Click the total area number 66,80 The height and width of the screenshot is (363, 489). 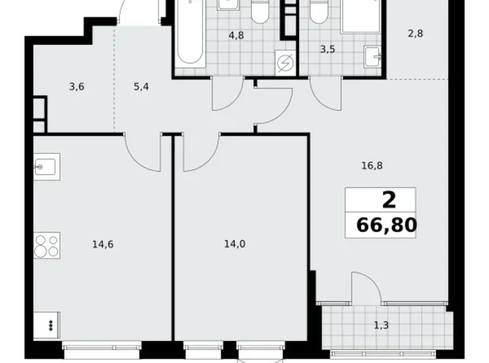[x=386, y=224]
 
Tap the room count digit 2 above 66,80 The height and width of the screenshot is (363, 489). [x=389, y=200]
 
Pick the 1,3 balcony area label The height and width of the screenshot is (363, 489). [x=380, y=324]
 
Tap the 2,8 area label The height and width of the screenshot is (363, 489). [x=415, y=34]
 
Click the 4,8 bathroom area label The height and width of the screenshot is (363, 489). [x=236, y=35]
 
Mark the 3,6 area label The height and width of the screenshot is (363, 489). [x=77, y=88]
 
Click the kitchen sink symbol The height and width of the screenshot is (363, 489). [x=46, y=167]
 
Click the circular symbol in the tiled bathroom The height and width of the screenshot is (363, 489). [x=286, y=62]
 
